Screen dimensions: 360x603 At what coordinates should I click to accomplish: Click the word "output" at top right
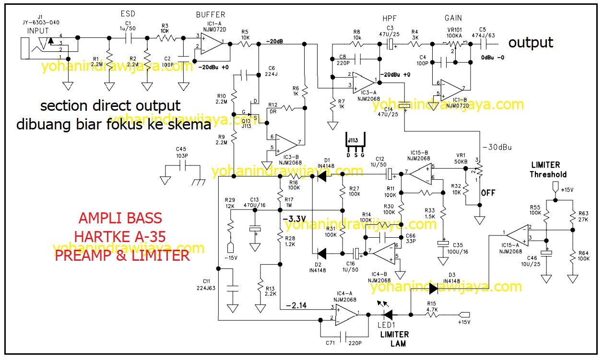click(531, 43)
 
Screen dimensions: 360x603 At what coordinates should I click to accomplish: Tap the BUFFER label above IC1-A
click(211, 15)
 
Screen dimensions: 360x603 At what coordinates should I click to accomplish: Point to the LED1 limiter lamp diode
click(388, 314)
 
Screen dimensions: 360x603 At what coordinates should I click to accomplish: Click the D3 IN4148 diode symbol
click(433, 289)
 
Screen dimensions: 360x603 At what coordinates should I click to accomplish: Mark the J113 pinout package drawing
click(355, 142)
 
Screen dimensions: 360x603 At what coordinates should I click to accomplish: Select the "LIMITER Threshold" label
click(548, 170)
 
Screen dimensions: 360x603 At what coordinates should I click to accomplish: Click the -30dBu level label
click(497, 147)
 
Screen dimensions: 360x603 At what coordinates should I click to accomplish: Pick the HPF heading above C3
click(389, 18)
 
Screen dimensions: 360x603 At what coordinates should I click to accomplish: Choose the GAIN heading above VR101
click(453, 18)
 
